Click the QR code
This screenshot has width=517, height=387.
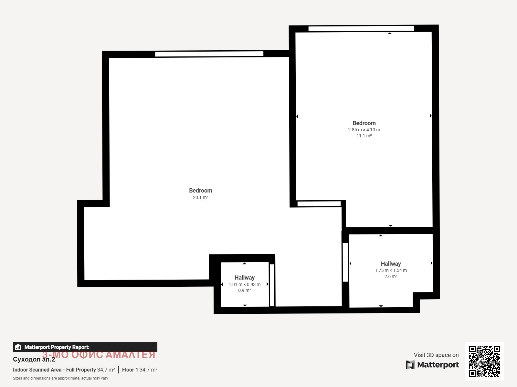coord(484,361)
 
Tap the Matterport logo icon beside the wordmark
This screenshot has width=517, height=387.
coord(410,365)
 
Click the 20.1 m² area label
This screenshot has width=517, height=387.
coord(200,197)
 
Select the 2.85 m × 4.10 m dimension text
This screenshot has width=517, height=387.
coord(364,130)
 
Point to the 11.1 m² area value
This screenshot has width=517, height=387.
coord(364,136)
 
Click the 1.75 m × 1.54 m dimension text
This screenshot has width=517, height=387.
coord(391,270)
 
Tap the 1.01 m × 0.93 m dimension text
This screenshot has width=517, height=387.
coord(245,284)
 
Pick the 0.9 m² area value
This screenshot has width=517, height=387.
coord(245,291)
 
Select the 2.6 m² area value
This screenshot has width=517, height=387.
coord(391,276)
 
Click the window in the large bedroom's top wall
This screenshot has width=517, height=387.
coord(209,54)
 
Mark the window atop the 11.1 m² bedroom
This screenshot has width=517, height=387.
coord(361,28)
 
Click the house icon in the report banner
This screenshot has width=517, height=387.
coord(18,347)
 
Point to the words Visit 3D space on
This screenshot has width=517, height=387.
coord(436,355)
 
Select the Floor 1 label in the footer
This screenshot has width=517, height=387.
coord(130,370)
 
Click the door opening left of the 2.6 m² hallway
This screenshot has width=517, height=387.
coord(345,262)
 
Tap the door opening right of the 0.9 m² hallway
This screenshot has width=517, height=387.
coord(272,285)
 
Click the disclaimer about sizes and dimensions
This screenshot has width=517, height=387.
coord(60,378)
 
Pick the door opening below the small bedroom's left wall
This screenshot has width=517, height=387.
coord(319,204)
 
